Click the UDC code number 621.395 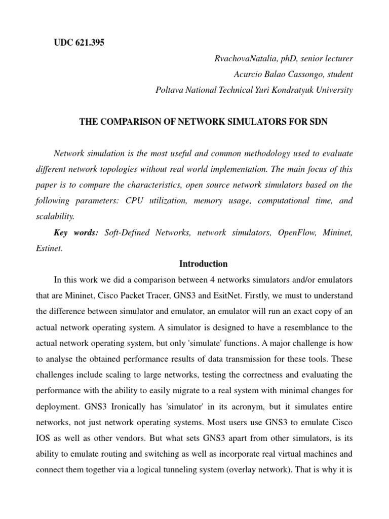(89, 43)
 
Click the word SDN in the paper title (319, 123)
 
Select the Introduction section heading (204, 264)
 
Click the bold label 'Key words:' (76, 233)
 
